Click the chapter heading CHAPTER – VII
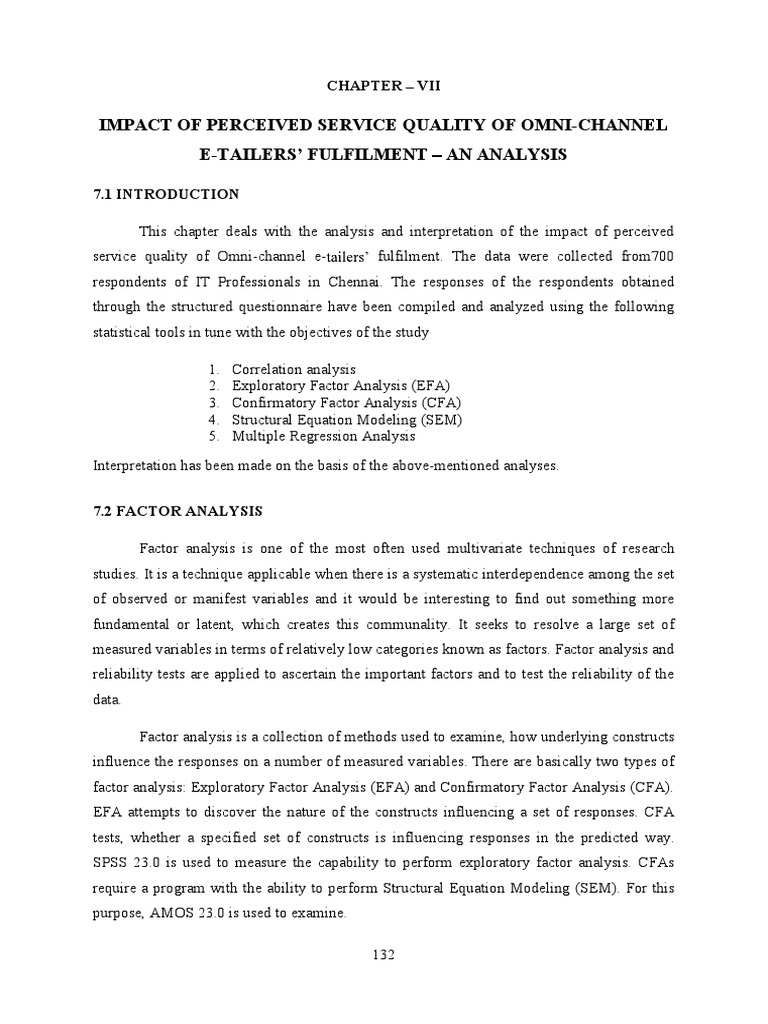point(383,86)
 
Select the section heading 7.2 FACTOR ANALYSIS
point(177,511)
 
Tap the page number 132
point(384,955)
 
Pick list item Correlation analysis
point(293,370)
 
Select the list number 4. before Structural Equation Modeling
point(214,420)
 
